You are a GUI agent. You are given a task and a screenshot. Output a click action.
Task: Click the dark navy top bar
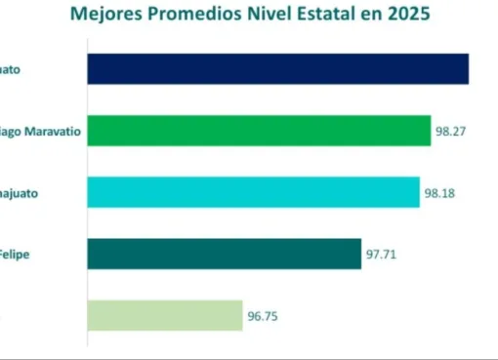(x=277, y=69)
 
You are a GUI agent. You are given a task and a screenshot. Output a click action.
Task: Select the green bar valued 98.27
(x=259, y=131)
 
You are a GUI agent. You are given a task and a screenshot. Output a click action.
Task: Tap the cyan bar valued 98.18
(x=253, y=192)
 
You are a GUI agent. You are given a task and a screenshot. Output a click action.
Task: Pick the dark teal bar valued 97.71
(x=224, y=254)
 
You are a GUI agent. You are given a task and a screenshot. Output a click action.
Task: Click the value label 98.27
(x=451, y=131)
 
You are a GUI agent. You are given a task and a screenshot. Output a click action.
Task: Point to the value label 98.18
(x=440, y=193)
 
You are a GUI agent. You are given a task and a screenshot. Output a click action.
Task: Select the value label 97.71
(x=382, y=255)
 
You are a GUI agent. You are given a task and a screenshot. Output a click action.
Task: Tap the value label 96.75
(x=264, y=316)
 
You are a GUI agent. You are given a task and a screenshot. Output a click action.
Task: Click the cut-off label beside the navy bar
(x=17, y=70)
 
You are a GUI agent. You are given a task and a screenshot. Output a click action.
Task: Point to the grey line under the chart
(x=249, y=356)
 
